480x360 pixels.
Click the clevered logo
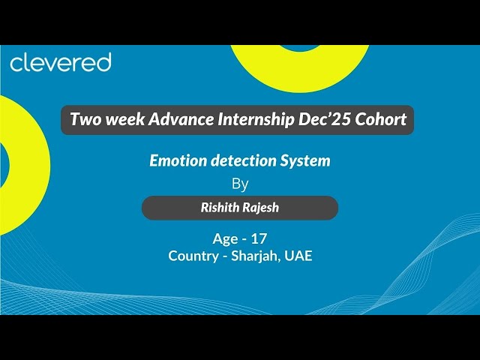(x=60, y=62)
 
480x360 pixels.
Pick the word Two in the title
(x=83, y=119)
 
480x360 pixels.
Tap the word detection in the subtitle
(x=239, y=160)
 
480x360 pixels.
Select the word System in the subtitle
(x=304, y=160)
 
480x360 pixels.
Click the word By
(x=240, y=184)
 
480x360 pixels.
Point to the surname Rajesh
(x=262, y=208)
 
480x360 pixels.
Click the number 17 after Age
(x=259, y=238)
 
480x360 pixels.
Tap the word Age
(x=225, y=239)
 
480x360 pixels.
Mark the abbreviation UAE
(x=298, y=256)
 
